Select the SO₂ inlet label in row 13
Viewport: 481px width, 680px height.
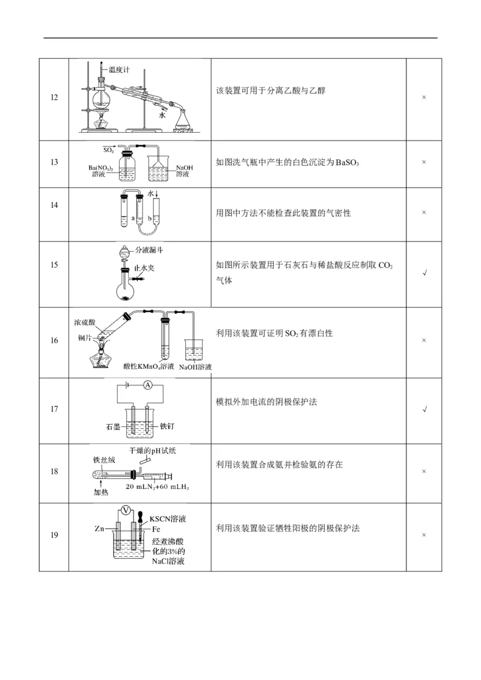tap(109, 148)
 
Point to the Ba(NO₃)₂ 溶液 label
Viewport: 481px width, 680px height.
tap(101, 170)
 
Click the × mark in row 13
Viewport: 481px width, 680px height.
tap(424, 163)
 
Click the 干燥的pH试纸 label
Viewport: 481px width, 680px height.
tap(154, 449)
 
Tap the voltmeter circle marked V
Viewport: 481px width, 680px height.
tap(126, 509)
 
